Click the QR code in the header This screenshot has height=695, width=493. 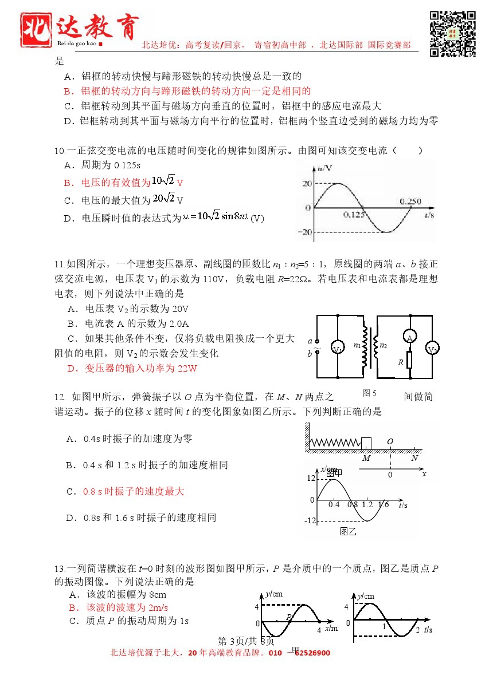coord(453,33)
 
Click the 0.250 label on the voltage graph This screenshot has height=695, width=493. coord(410,202)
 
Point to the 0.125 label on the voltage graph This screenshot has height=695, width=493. coord(354,215)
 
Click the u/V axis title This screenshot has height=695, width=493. coord(324,168)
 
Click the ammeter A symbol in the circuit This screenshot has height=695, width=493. coord(410,338)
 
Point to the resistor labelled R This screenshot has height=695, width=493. coord(410,362)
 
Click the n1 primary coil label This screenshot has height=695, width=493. coord(357,345)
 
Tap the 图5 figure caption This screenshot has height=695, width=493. coord(369,393)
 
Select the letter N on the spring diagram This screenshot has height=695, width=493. coord(414,457)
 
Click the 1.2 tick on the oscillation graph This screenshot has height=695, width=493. coord(367,504)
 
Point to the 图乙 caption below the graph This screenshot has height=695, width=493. coord(348,531)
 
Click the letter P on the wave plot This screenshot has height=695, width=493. coord(289,617)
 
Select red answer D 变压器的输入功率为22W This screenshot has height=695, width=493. coord(132,369)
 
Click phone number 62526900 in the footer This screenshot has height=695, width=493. coord(312,653)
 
